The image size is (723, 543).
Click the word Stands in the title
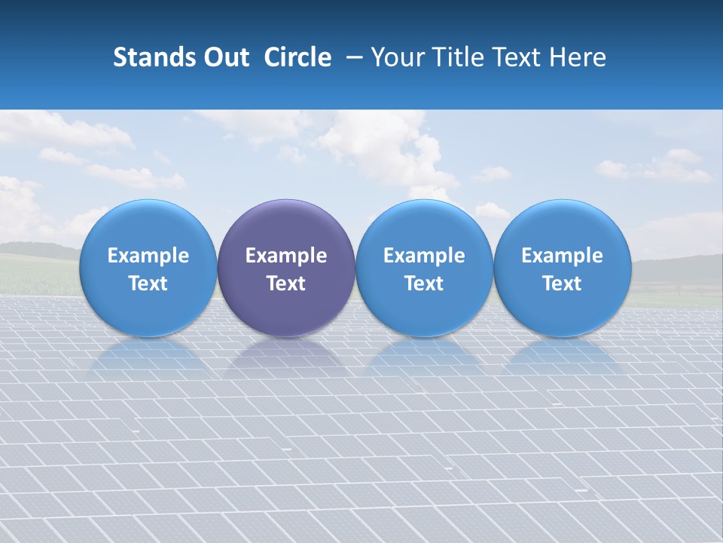click(149, 57)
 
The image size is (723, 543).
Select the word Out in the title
click(224, 57)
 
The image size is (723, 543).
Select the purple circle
click(286, 268)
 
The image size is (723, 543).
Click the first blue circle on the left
click(148, 268)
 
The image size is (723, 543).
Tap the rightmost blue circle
click(562, 268)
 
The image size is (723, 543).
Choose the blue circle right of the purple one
click(424, 268)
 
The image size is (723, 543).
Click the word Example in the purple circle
click(286, 256)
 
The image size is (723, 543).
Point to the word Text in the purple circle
click(286, 284)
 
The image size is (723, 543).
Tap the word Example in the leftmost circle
click(148, 256)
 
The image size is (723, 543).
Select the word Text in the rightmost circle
click(562, 284)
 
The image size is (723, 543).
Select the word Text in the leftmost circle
click(148, 284)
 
